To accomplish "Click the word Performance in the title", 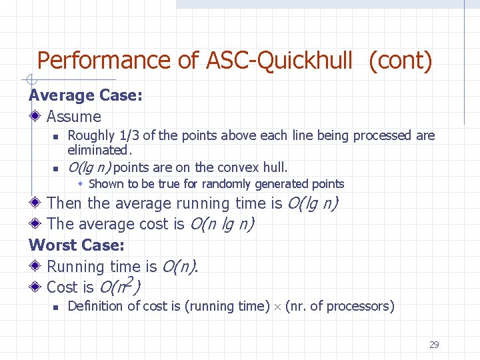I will coord(105,61).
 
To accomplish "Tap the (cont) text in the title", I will coord(400,61).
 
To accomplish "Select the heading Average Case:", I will coord(85,95).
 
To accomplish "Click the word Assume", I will coord(74,117).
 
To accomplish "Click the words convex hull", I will coord(256,167).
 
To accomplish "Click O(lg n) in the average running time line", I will coord(311,203).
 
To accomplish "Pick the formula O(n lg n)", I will coord(222,224).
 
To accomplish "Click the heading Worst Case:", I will coord(77,245).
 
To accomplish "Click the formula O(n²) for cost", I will coord(120,287).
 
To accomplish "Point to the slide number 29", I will coord(434,345).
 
